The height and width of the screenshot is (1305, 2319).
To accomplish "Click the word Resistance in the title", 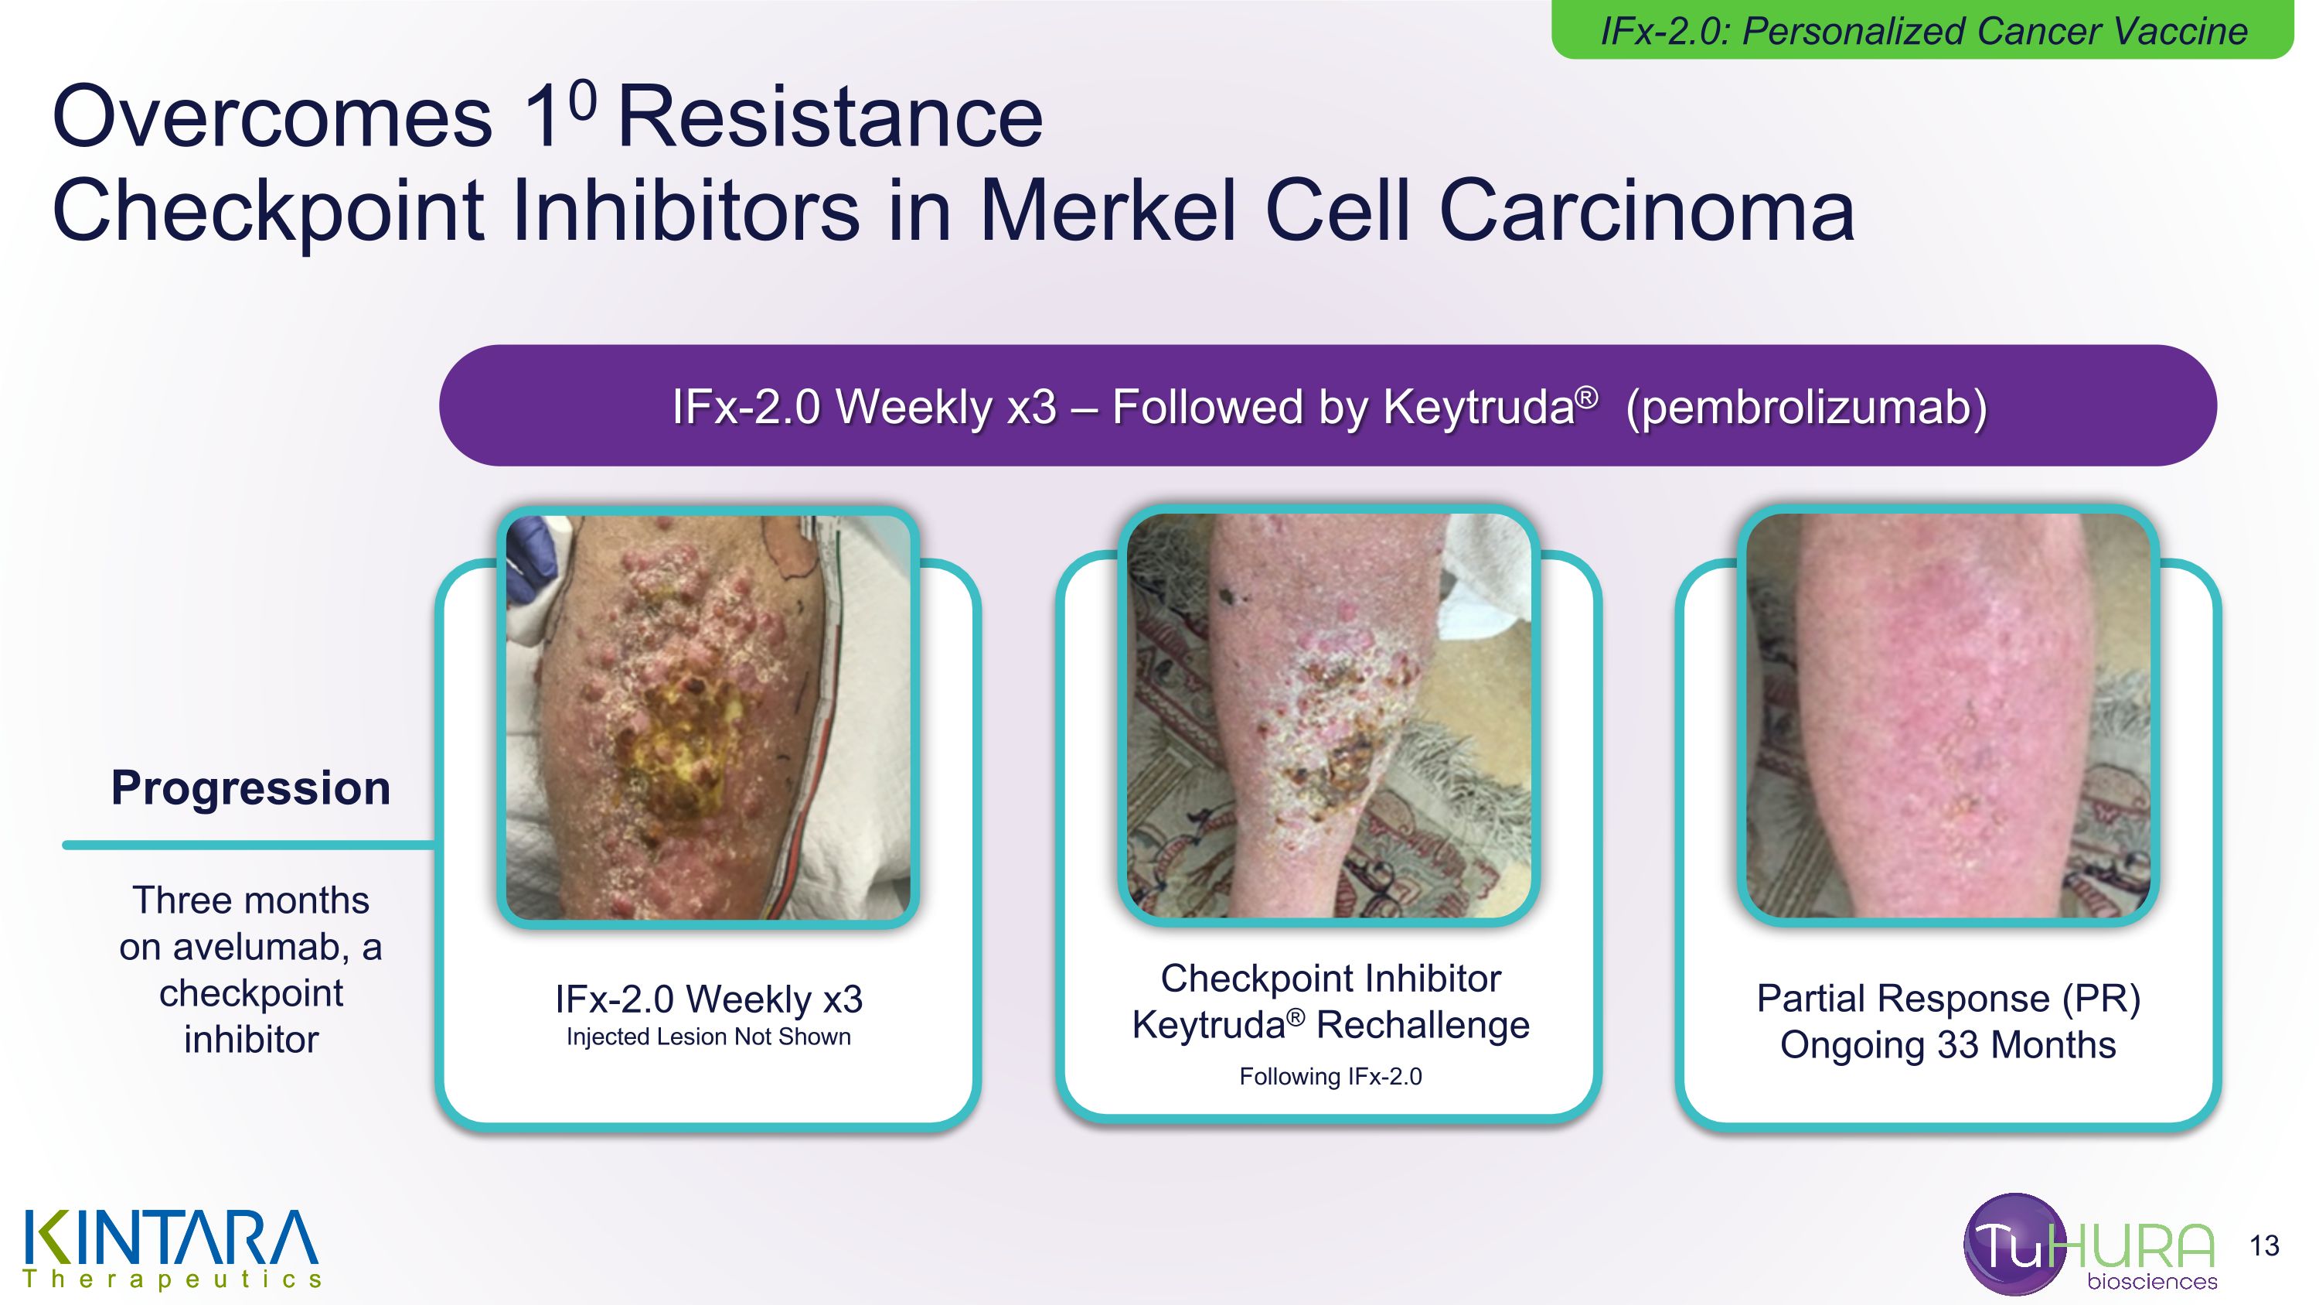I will (x=829, y=117).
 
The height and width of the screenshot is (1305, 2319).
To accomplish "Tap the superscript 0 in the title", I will (x=582, y=100).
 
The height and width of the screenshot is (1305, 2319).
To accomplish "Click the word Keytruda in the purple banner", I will (x=1477, y=407).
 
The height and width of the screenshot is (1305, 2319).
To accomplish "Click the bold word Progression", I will (x=250, y=788).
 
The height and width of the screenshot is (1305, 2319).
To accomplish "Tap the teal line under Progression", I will (x=248, y=845).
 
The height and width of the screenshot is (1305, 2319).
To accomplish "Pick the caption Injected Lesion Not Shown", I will (x=707, y=1037).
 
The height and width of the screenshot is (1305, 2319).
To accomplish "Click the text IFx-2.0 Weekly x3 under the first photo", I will (x=707, y=999).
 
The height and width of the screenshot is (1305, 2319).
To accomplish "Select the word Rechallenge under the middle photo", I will (x=1422, y=1025).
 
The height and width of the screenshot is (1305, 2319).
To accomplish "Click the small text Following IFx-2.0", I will (x=1330, y=1076).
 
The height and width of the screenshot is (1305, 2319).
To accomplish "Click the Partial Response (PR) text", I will (x=1947, y=998).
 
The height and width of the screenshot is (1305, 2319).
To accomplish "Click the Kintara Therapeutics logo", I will (x=171, y=1247).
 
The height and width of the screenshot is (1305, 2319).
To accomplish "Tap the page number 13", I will (x=2263, y=1245).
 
